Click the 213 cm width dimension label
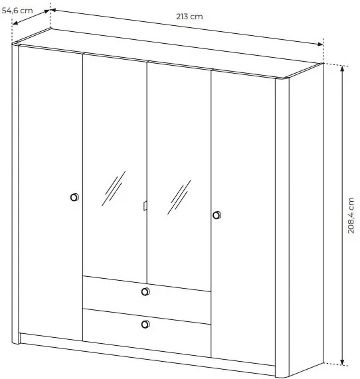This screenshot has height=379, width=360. (x=189, y=17)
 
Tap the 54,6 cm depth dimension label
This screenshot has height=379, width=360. (x=17, y=11)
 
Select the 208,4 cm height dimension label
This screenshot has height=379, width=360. (x=351, y=215)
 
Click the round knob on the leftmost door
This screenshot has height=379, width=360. (x=74, y=197)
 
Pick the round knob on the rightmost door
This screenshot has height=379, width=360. (x=217, y=215)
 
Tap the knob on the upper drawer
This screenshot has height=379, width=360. (x=145, y=292)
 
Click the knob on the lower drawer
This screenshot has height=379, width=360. (x=145, y=324)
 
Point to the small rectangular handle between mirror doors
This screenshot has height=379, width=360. (x=145, y=206)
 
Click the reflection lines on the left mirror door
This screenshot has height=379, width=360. (x=114, y=189)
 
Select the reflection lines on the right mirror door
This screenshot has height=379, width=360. (x=179, y=197)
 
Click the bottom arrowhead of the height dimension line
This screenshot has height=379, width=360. (x=342, y=362)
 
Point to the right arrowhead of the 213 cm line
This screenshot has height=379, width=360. (x=321, y=44)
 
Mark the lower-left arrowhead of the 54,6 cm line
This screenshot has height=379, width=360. (x=15, y=23)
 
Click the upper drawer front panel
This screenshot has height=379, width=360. (x=147, y=300)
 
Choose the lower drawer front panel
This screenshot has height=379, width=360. (x=147, y=333)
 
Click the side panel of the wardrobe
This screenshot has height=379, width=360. (x=306, y=218)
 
